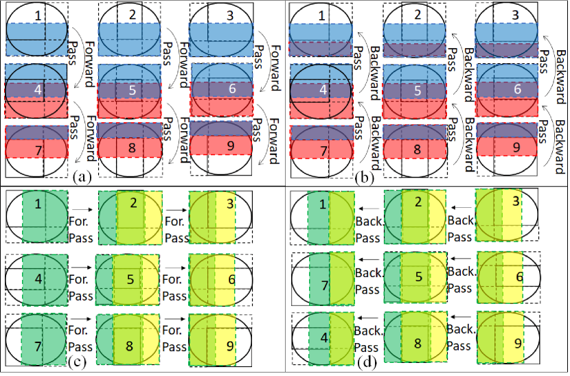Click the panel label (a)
pyautogui.click(x=82, y=177)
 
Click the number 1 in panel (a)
pyautogui.click(x=39, y=14)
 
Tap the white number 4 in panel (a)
pyautogui.click(x=39, y=89)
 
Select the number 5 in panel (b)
pyautogui.click(x=415, y=89)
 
